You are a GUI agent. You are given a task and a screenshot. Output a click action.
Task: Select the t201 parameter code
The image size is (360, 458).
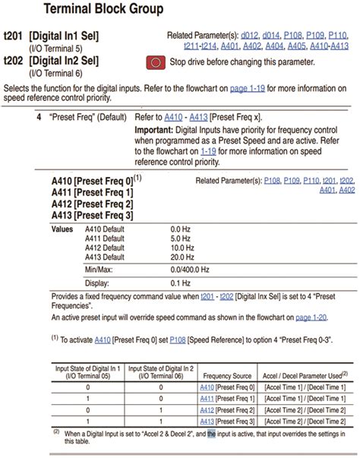click(x=14, y=36)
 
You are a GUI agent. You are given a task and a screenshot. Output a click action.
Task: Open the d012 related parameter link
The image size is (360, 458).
click(x=250, y=35)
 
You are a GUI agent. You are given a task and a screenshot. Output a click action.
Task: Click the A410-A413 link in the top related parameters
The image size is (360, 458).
click(x=330, y=46)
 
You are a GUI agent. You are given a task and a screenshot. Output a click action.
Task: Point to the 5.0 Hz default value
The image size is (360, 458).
click(x=181, y=238)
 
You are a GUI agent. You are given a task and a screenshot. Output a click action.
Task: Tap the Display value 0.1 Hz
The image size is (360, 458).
click(x=181, y=282)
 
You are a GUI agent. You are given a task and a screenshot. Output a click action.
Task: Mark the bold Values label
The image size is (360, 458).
click(x=62, y=229)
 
